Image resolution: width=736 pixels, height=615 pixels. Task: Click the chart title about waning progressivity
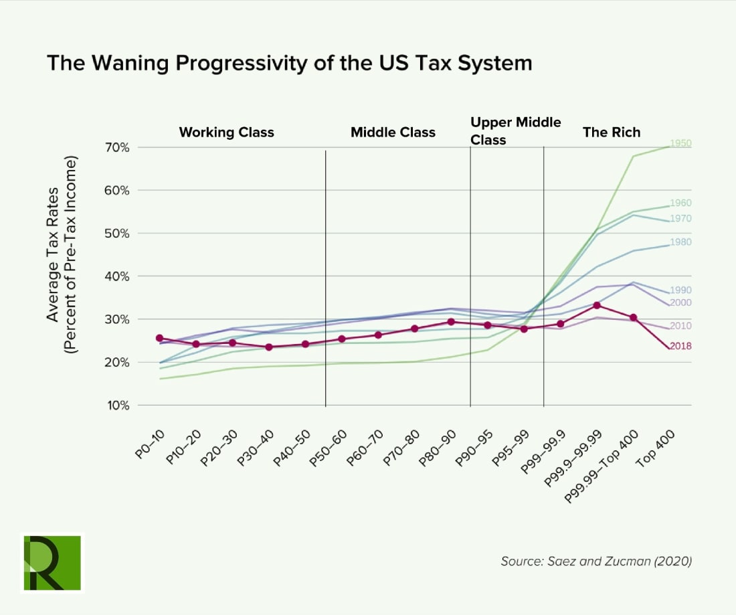[x=289, y=63]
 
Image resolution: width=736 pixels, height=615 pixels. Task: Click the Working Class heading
[x=226, y=133]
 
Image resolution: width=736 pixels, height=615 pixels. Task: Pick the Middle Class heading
[x=393, y=133]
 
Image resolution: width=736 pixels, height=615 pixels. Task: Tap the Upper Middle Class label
[x=515, y=131]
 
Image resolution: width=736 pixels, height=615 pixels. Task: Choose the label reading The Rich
[x=611, y=133]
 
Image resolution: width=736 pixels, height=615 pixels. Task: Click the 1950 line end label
[x=680, y=144]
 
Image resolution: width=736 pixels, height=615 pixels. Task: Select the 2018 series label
[x=680, y=346]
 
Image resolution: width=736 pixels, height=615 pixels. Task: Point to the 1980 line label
[x=680, y=242]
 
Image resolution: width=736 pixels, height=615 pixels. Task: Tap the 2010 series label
[x=680, y=326]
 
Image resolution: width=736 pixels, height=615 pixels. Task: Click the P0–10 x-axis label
[x=151, y=444]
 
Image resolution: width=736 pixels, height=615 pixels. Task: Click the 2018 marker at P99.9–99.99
[x=597, y=306]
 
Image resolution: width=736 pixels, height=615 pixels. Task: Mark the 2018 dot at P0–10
[x=159, y=338]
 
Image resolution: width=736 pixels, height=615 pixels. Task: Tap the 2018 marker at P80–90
[x=451, y=322]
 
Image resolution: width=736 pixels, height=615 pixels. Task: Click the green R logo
[x=52, y=562]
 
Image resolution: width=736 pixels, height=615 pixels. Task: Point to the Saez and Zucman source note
[x=595, y=561]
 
